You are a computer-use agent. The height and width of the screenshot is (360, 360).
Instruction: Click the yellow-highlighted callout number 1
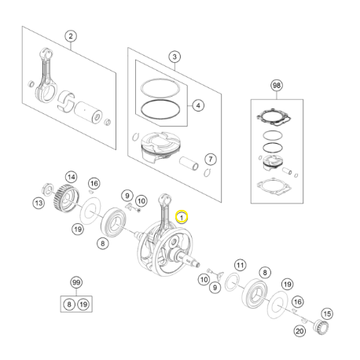[182, 217]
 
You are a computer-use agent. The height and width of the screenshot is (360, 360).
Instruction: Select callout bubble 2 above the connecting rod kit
[71, 36]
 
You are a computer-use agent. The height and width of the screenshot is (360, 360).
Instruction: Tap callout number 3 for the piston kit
[174, 57]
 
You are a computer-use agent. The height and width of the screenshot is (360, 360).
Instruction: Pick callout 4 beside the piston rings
[198, 105]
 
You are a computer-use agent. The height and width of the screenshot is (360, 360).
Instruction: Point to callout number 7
[211, 159]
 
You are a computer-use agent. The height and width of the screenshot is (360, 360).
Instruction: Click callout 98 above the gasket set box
[277, 86]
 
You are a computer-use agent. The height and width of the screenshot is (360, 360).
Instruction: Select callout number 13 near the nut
[39, 203]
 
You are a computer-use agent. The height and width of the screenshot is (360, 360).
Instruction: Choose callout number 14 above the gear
[72, 177]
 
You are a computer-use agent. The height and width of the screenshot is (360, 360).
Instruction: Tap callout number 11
[241, 266]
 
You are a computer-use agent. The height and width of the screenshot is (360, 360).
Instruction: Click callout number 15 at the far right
[327, 314]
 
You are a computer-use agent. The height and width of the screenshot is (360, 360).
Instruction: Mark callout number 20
[299, 331]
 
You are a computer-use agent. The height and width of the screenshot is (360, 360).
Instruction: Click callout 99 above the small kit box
[76, 282]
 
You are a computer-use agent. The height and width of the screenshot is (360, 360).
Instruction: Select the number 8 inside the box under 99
[69, 304]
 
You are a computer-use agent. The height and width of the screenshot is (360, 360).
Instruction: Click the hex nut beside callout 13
[48, 189]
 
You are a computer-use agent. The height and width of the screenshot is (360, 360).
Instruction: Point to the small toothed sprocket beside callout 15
[321, 327]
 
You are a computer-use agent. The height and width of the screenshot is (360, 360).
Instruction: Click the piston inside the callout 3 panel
[160, 147]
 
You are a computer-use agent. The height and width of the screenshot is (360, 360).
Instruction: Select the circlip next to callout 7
[208, 172]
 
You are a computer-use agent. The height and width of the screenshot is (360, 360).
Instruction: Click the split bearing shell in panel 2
[66, 101]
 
